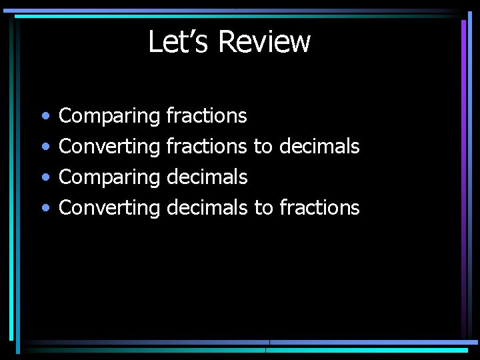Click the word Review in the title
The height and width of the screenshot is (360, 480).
click(x=264, y=41)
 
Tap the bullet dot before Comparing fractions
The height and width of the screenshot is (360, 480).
click(x=44, y=117)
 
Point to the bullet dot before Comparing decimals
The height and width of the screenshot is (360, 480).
click(x=44, y=178)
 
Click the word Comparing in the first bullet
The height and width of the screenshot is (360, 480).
click(x=109, y=117)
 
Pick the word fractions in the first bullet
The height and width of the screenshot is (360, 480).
click(x=207, y=116)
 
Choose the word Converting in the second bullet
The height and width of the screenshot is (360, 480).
click(x=109, y=147)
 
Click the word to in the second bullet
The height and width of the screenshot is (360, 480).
click(x=263, y=147)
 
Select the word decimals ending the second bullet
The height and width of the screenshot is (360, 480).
click(x=319, y=147)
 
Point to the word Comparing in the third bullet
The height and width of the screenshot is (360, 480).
click(x=109, y=178)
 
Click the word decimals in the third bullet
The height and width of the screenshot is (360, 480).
click(x=207, y=177)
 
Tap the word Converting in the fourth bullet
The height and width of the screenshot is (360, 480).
click(x=109, y=208)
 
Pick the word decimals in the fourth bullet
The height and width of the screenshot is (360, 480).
click(x=207, y=208)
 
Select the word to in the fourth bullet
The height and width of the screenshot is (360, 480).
click(x=263, y=208)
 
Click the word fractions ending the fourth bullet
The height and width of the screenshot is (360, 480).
click(x=319, y=208)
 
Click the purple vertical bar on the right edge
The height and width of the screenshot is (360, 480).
click(x=463, y=173)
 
